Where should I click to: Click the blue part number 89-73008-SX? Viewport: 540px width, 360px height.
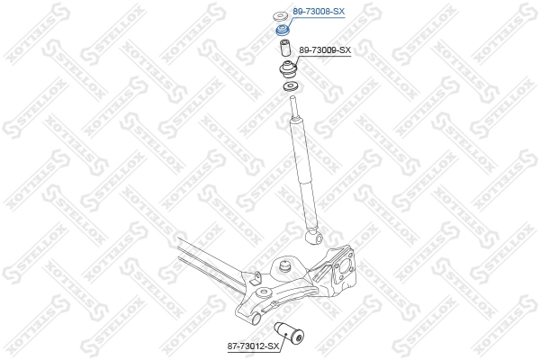click(319, 12)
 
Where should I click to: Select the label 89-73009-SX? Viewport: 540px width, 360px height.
click(325, 50)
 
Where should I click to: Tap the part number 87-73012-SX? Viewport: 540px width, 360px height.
click(253, 346)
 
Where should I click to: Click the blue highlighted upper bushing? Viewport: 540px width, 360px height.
click(283, 30)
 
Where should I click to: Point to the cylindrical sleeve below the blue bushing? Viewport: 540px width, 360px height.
click(285, 48)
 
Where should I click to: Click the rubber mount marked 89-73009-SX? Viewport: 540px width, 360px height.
click(288, 69)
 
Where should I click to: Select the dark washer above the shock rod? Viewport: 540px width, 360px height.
click(291, 86)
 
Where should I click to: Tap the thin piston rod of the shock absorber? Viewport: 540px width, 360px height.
click(294, 107)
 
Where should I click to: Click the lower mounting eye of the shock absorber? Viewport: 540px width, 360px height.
click(314, 237)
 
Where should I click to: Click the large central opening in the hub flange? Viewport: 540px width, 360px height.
click(342, 267)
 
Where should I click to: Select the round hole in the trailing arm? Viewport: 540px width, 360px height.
click(265, 292)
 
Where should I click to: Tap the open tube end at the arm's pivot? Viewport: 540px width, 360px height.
click(256, 319)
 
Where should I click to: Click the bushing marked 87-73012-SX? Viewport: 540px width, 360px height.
click(289, 332)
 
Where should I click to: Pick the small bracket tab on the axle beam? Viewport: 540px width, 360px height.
click(256, 278)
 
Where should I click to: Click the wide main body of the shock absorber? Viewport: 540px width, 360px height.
click(305, 174)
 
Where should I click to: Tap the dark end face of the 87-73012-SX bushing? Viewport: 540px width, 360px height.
click(299, 337)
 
